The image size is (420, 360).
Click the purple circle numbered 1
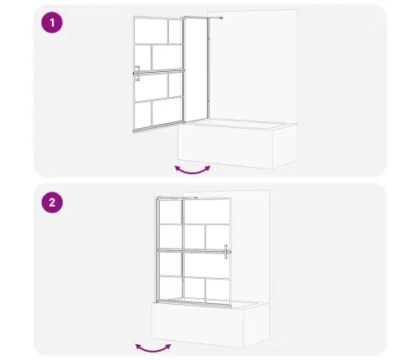(52, 23)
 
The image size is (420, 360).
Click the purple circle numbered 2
(52, 203)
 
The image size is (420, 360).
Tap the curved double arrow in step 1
(192, 171)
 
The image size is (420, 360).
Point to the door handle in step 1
(137, 74)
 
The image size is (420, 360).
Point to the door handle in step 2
(227, 252)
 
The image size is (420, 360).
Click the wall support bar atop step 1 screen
(202, 18)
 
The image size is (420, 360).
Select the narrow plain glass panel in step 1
(197, 69)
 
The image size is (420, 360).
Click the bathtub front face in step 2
(197, 325)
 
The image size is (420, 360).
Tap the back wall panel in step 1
(253, 65)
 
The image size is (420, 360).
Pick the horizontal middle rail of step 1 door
(158, 72)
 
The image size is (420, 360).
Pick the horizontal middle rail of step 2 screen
(194, 251)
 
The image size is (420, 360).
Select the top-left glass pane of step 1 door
(151, 31)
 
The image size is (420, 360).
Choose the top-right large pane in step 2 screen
(207, 212)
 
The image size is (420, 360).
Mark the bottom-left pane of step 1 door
(143, 116)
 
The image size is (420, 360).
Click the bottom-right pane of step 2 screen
(218, 291)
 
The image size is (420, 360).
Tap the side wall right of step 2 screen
(251, 245)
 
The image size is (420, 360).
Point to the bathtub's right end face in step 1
(284, 147)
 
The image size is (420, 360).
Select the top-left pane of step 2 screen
(171, 212)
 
